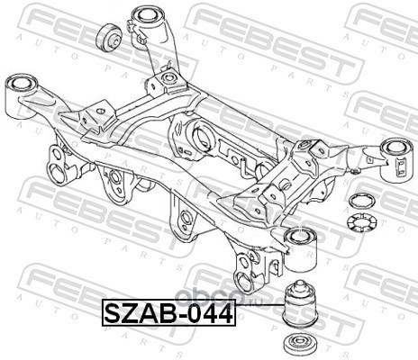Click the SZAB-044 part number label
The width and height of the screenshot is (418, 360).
(x=169, y=312)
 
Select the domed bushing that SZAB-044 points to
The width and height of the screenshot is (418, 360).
(x=300, y=304)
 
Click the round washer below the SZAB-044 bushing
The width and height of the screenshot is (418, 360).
(x=300, y=345)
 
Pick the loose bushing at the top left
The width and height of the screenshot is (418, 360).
(x=109, y=38)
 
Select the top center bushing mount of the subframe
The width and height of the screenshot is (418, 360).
(x=150, y=25)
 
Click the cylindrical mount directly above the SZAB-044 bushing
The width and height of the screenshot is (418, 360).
(x=300, y=248)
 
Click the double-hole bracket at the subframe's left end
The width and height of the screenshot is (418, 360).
(x=59, y=164)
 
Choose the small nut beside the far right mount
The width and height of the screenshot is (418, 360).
(x=355, y=171)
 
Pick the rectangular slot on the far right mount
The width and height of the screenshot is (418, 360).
(x=401, y=167)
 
